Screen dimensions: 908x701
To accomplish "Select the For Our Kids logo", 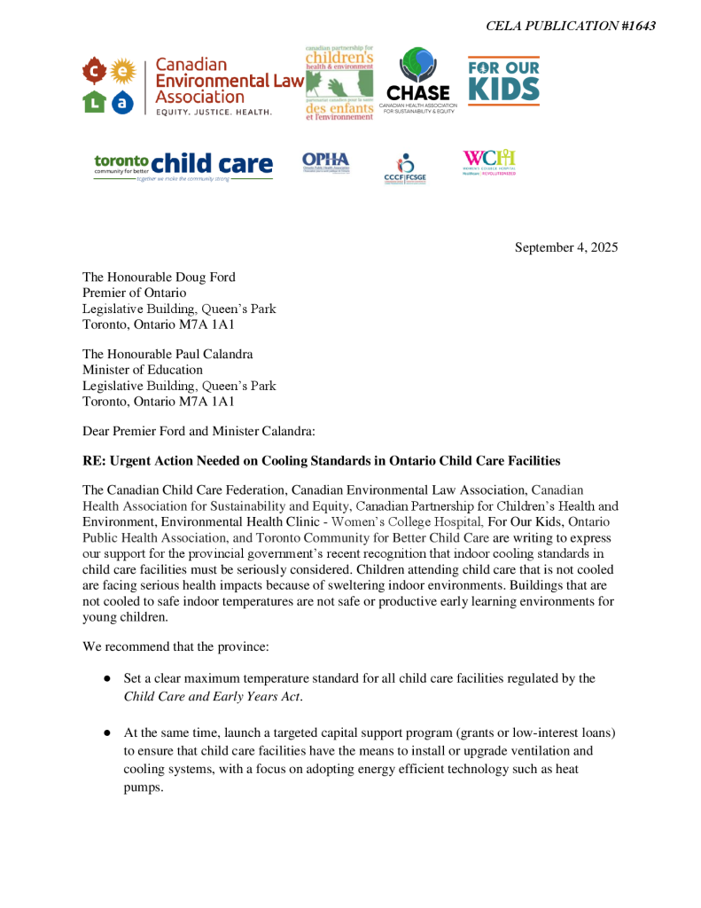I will [x=503, y=81].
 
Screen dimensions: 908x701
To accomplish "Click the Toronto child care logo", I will [x=183, y=165].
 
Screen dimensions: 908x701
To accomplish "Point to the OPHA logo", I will [x=326, y=161].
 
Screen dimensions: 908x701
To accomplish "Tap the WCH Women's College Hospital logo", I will [x=489, y=162].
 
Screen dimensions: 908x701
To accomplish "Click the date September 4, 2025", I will [x=566, y=247].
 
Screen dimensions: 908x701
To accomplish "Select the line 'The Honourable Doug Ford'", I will [x=159, y=278].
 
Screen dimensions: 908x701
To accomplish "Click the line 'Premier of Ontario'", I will [x=135, y=293].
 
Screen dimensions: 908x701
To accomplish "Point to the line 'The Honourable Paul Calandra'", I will [x=167, y=354].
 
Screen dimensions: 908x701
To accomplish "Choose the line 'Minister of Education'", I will [x=143, y=370].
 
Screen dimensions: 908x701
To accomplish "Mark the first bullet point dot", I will [x=106, y=678].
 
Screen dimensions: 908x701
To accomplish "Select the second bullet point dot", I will [x=106, y=733].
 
